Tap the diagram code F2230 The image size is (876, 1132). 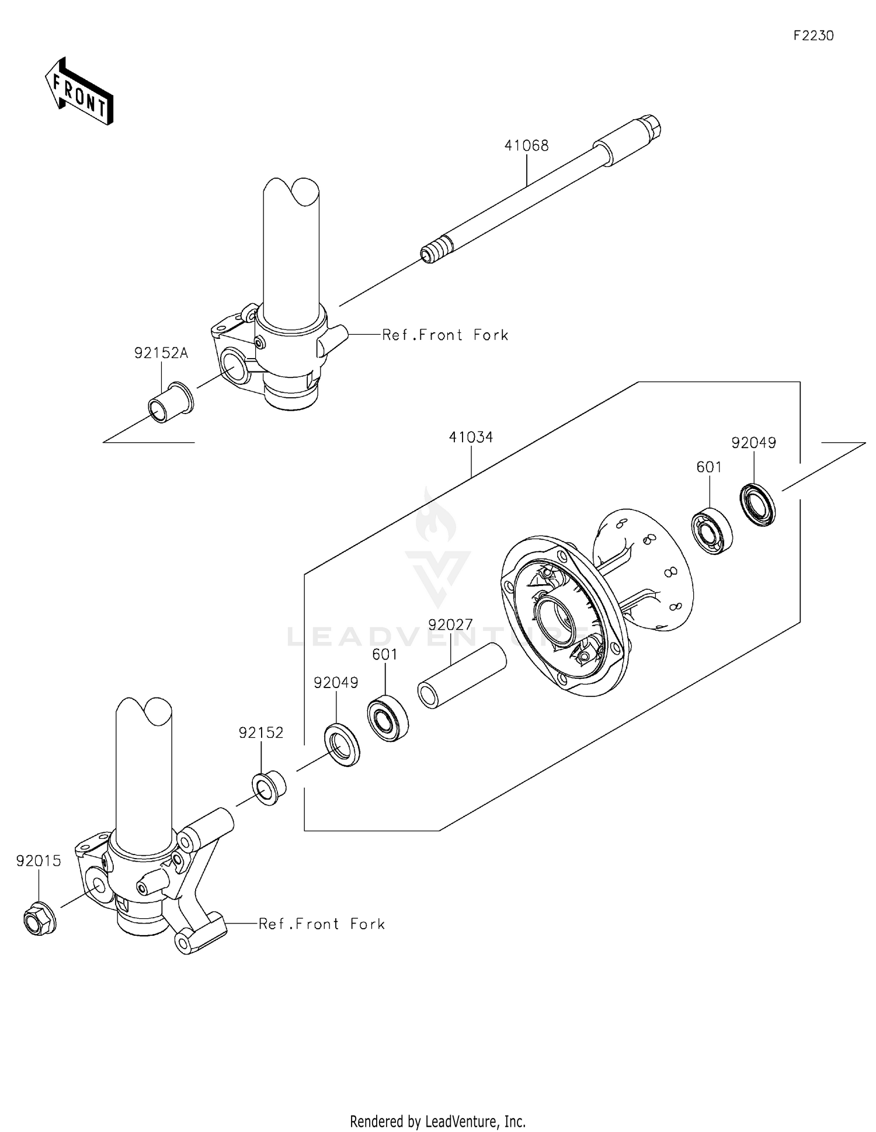[813, 36]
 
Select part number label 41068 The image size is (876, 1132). [526, 146]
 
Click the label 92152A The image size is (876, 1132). [161, 353]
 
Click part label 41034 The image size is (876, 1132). [471, 437]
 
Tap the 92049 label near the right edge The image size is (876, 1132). [753, 443]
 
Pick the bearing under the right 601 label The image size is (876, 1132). [712, 532]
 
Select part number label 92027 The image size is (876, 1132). [450, 624]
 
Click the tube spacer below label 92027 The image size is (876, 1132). [461, 675]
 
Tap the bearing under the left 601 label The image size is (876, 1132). [388, 718]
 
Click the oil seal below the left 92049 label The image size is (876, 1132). [342, 744]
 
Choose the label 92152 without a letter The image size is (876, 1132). [260, 732]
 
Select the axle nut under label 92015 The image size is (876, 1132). [39, 919]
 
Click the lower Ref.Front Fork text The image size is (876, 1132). [322, 923]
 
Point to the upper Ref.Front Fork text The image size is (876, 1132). [445, 335]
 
